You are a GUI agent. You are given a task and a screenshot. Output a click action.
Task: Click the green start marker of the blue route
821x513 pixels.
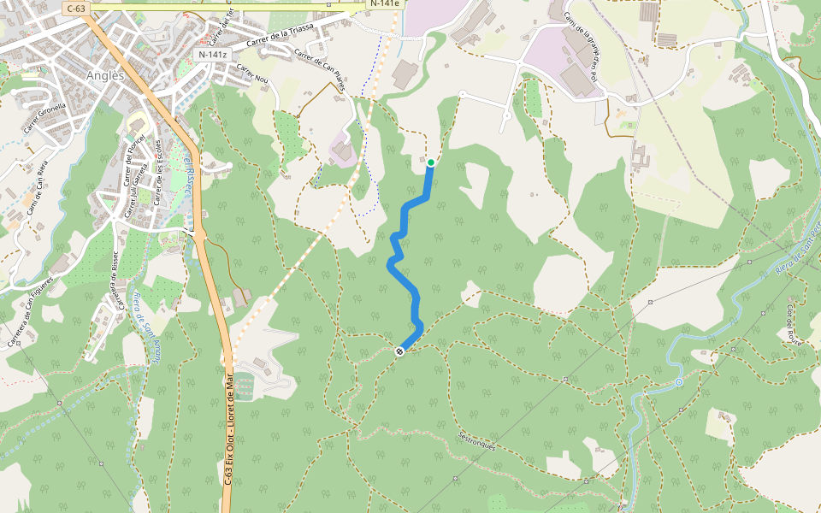click(431, 162)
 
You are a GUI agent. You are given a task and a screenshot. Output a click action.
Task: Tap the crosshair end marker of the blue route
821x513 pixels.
click(399, 351)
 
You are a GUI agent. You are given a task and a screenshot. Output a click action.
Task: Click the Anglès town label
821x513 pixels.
click(106, 75)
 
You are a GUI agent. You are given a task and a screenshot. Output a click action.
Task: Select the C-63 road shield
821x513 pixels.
click(76, 9)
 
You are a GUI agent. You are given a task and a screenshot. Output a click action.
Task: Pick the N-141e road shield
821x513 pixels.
click(383, 3)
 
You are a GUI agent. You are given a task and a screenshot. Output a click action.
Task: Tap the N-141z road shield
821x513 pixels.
click(212, 55)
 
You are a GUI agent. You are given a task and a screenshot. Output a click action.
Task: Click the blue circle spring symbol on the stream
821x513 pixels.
click(678, 382)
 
